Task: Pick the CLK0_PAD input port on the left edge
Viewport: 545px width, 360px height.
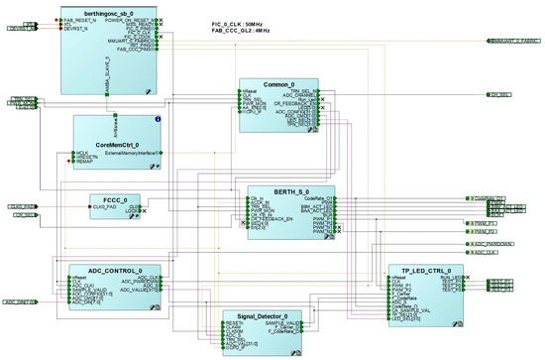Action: [x=22, y=206]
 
